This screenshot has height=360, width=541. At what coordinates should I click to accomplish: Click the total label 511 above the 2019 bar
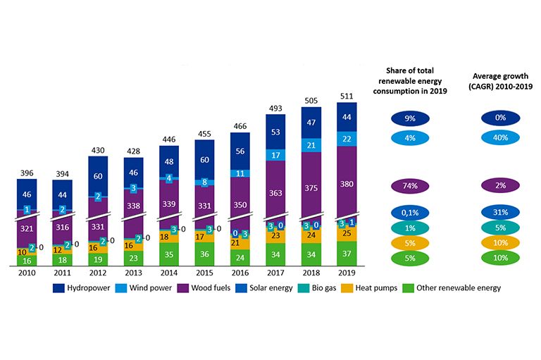click(x=347, y=97)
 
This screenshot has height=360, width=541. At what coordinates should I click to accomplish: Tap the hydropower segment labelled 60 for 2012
click(x=98, y=176)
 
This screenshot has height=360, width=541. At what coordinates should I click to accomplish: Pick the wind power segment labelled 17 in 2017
click(x=275, y=155)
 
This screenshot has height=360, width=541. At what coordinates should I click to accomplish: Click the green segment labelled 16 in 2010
click(x=27, y=261)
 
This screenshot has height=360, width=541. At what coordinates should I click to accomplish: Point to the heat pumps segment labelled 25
click(x=347, y=233)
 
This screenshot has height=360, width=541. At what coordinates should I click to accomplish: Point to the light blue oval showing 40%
click(x=500, y=139)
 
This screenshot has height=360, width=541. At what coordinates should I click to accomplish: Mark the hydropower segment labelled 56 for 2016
click(x=240, y=151)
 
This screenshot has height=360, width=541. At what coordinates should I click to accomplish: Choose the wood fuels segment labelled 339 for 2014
click(x=169, y=204)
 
